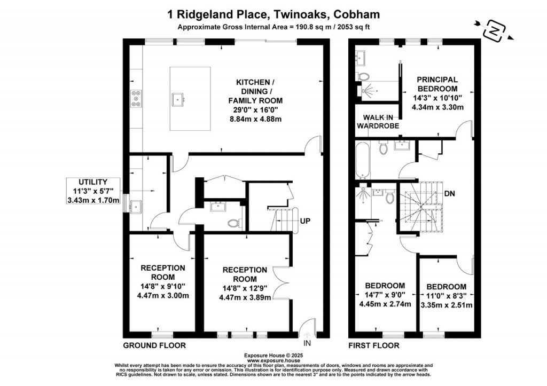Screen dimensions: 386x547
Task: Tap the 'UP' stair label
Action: [306, 220]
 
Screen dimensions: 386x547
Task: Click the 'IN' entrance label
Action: [307, 343]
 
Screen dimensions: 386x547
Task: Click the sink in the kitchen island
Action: [178, 98]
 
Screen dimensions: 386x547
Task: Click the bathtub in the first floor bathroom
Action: [362, 161]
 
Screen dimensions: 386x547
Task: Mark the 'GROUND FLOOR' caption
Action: [154, 345]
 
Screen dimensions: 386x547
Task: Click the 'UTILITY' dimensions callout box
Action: [95, 191]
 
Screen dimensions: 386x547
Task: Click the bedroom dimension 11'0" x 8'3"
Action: [446, 296]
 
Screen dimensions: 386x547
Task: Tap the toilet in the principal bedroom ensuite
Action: [365, 76]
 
